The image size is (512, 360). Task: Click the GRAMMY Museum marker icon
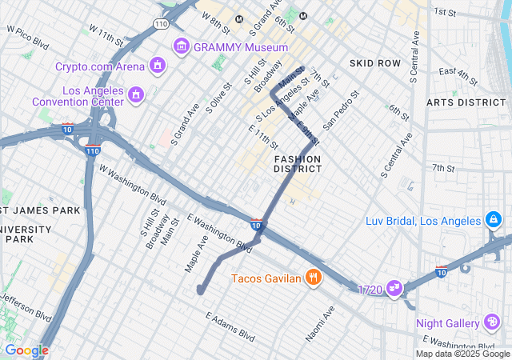pos(181,46)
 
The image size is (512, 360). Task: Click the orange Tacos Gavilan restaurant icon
pos(313,278)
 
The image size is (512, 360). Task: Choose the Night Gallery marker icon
pos(493,323)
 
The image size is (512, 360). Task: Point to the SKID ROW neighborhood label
pos(374,62)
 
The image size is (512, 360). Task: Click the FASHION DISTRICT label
pos(297,164)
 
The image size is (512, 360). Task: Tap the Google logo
pos(26,350)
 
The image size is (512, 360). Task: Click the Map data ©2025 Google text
pos(462,354)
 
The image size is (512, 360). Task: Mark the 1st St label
pos(444,12)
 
